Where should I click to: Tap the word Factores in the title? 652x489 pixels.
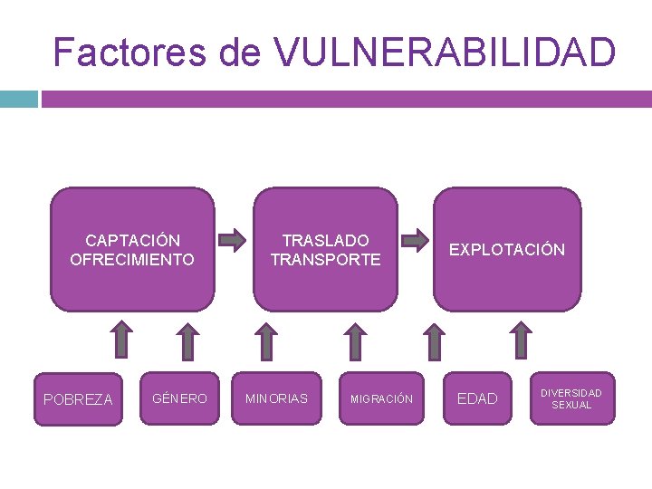[130, 53]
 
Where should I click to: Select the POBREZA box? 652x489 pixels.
[78, 399]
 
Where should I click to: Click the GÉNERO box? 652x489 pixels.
[180, 398]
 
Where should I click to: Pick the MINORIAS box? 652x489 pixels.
[277, 398]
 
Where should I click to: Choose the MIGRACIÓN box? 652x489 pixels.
[381, 399]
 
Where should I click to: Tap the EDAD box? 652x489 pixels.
[477, 398]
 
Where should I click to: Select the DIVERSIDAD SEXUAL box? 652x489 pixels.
[571, 399]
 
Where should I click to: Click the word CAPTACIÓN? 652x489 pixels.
[132, 240]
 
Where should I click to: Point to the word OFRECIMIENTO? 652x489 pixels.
[132, 260]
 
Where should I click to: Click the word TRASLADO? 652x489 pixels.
[326, 240]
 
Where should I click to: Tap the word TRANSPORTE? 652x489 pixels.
[326, 260]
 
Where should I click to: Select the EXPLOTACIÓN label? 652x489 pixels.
[507, 250]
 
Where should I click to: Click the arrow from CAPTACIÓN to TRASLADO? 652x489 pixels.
[234, 241]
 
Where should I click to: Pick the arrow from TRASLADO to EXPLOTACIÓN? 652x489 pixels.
[416, 241]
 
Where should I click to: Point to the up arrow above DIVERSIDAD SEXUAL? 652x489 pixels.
[521, 341]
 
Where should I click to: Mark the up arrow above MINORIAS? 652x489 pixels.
[267, 341]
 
